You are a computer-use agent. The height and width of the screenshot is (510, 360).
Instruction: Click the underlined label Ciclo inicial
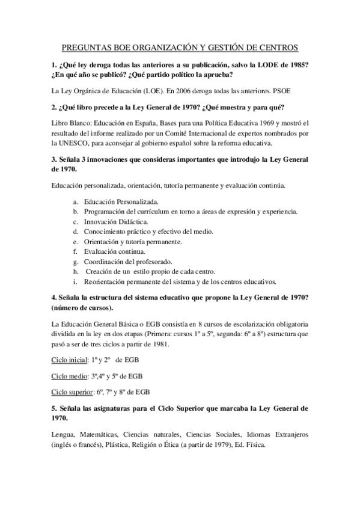[69, 360]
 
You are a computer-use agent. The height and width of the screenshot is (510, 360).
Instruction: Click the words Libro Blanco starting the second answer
[70, 123]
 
